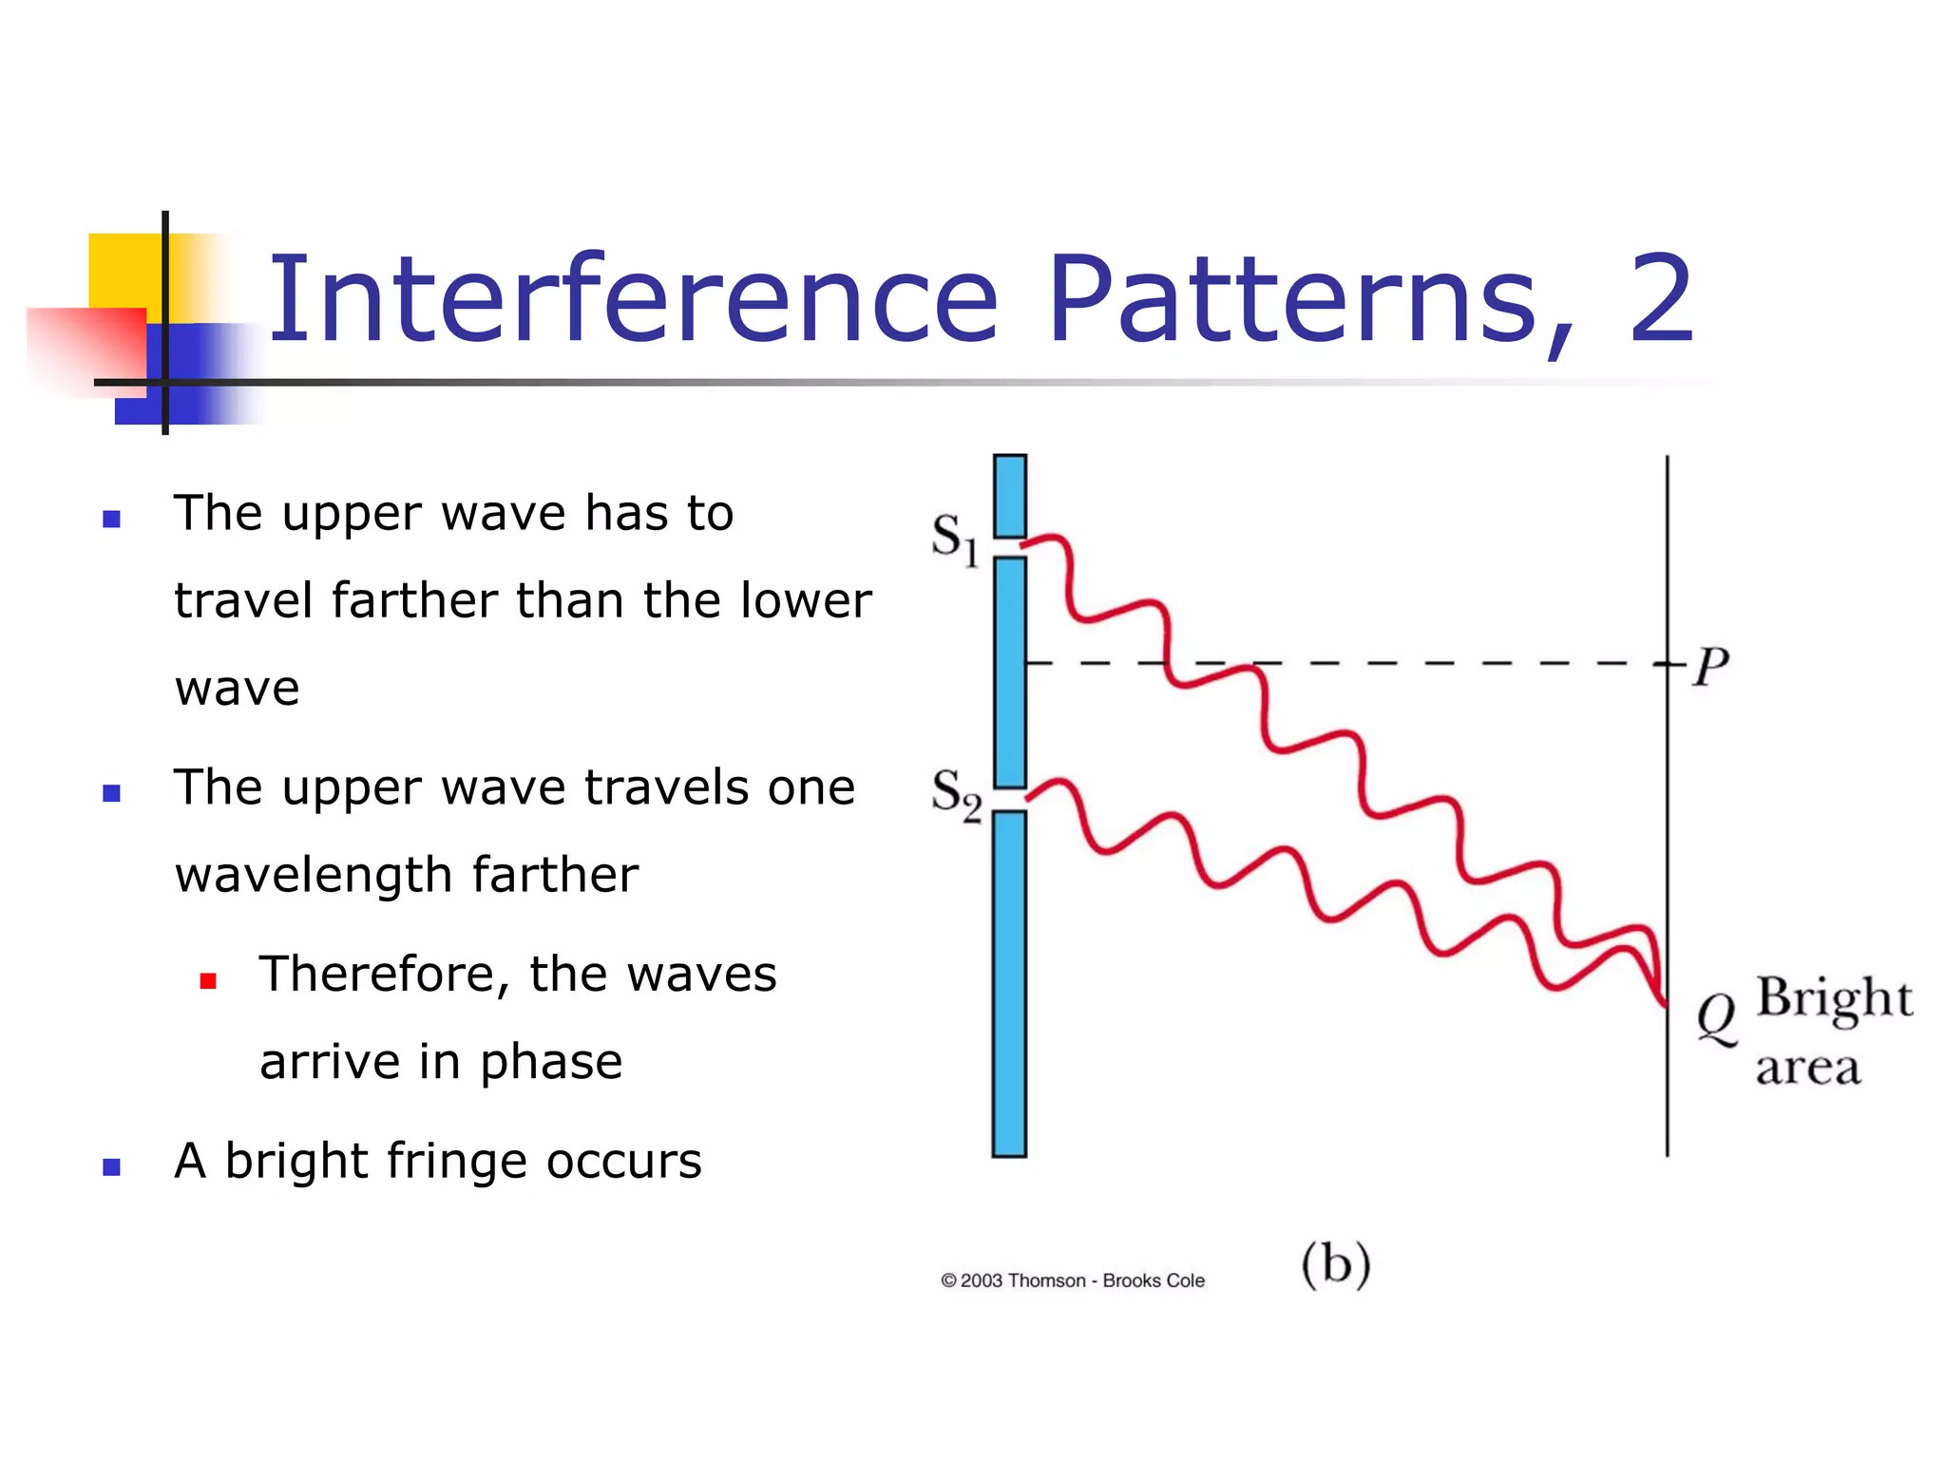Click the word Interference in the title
pos(633,299)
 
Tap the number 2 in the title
pos(1662,299)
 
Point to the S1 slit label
pos(954,539)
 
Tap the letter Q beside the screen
pos(1716,1019)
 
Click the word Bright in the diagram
pos(1833,999)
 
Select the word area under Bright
pos(1807,1069)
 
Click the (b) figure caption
pos(1335,1264)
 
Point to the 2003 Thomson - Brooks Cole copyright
pos(1073,1280)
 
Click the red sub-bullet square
pos(208,980)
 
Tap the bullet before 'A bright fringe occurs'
pos(112,1167)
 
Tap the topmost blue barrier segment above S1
pos(1009,496)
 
